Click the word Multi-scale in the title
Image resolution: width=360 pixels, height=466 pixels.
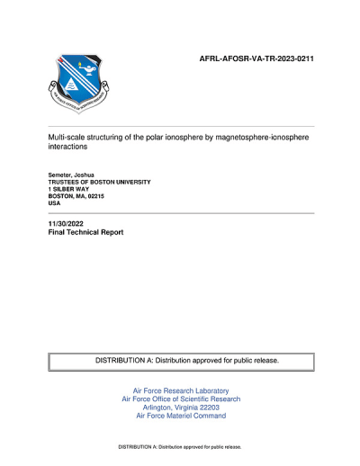point(66,142)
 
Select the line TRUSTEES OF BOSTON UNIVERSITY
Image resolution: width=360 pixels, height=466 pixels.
point(100,182)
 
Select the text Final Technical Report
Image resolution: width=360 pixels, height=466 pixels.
point(85,232)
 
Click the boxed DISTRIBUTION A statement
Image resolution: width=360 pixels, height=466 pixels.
point(187,361)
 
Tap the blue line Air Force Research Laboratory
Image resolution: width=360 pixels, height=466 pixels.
point(181,391)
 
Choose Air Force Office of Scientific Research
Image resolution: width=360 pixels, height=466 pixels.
point(181,399)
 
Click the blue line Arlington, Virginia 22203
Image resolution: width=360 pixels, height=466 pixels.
point(181,408)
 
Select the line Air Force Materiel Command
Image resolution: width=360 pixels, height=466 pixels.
point(181,416)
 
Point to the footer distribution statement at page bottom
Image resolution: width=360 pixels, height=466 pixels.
point(181,447)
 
